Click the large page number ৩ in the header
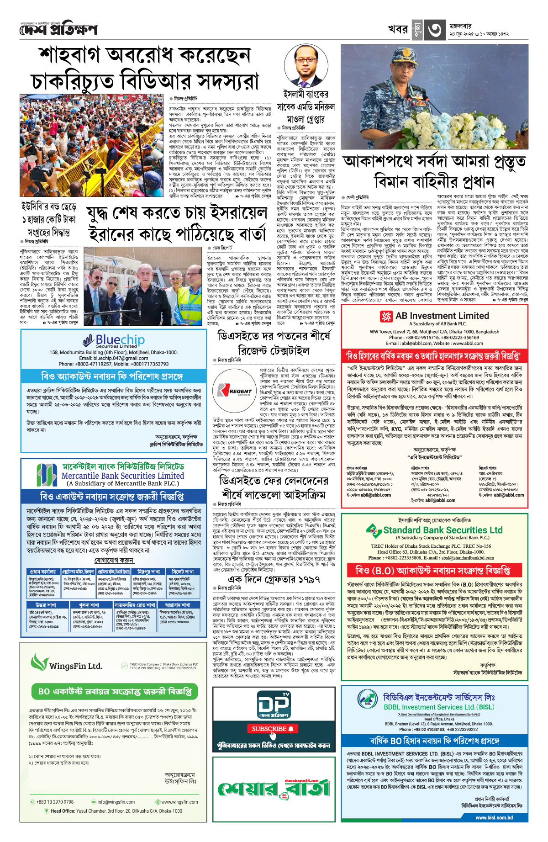(435, 30)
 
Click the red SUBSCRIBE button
(273, 728)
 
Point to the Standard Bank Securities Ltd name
(443, 530)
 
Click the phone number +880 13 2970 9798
(55, 802)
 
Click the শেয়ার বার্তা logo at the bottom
(274, 788)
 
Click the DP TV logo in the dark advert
(274, 704)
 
